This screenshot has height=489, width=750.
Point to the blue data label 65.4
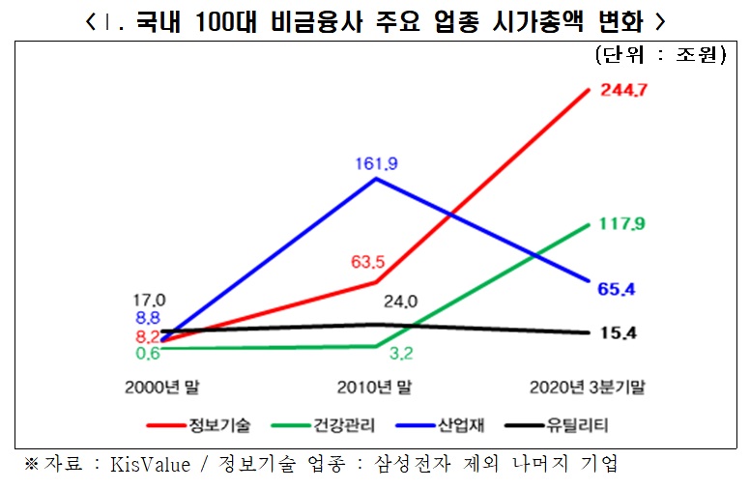pos(620,289)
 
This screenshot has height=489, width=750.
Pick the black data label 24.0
pos(399,302)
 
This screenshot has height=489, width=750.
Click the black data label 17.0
pos(151,300)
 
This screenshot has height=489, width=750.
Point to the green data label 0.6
pos(148,353)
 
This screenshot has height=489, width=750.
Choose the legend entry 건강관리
pos(343,423)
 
